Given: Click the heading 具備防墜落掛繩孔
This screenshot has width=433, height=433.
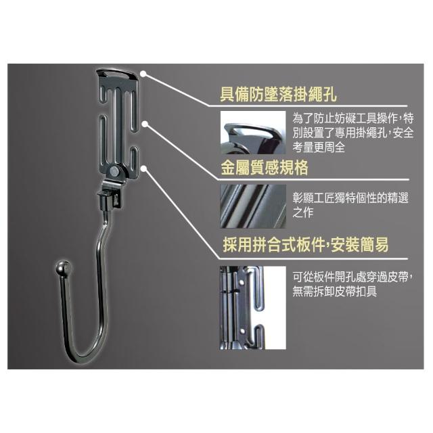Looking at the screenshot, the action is pos(278,95).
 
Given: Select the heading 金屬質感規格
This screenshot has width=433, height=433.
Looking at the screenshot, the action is pos(265,168).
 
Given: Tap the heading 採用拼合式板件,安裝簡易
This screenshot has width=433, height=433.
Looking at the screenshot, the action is pos(306,244).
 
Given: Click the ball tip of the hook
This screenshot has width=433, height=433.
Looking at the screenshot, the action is pos(63,267).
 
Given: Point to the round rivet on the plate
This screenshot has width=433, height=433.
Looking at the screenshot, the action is pos(114,171).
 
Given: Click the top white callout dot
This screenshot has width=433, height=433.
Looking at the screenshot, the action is pos(143,74).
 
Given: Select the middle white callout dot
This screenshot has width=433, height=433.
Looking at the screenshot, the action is pos(145,124).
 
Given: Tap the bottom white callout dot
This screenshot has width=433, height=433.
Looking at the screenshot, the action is pos(143,168).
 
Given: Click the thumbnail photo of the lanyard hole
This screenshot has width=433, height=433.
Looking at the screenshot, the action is pos(253,133).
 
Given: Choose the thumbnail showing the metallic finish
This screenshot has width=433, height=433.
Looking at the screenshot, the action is pos(253,206).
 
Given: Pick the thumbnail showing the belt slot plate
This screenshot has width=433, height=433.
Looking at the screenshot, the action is pos(253,308).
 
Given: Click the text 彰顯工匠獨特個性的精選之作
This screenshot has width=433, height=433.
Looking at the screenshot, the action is pos(350,205).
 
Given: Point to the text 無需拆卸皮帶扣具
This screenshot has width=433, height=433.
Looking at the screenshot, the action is pos(335,292).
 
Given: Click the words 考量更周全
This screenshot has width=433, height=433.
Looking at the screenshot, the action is pos(319,147).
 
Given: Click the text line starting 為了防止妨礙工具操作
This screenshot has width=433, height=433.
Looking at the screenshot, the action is pos(353,119).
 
